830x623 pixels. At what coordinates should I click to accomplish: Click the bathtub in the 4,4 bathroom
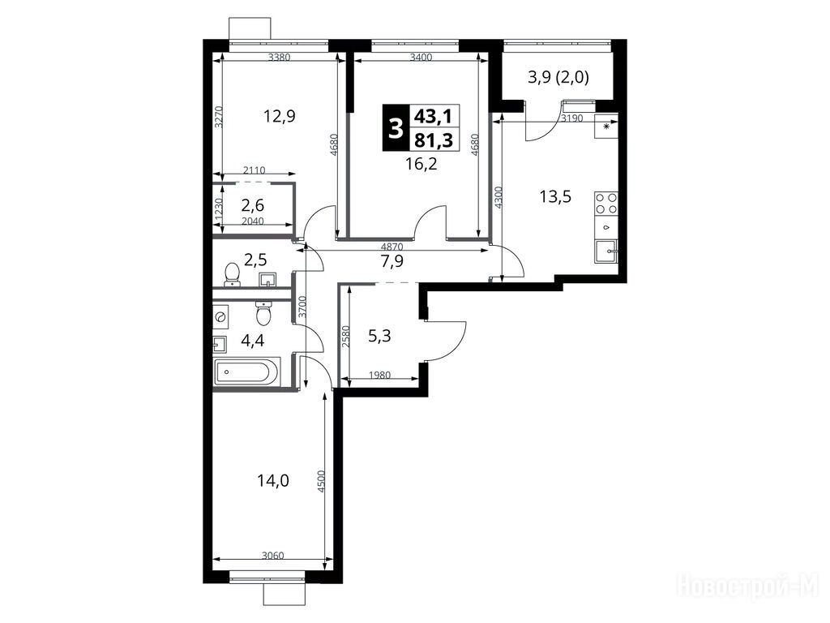246,372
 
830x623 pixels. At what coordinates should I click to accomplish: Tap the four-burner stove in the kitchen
606,203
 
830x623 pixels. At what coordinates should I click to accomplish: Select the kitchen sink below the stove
606,251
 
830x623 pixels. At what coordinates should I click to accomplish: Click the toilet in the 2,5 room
232,275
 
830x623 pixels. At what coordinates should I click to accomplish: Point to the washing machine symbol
220,317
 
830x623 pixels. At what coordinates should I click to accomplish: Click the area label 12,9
280,116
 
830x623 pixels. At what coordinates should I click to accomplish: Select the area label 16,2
421,164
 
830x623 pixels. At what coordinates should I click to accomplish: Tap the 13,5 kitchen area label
555,197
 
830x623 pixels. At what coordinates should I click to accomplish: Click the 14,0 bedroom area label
272,480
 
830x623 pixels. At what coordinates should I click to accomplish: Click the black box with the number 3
396,128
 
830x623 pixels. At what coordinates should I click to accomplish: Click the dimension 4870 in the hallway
392,247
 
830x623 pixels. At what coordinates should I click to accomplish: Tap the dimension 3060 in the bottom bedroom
273,555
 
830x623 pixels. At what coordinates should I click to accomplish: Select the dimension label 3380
280,58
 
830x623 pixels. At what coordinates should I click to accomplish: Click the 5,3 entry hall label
379,335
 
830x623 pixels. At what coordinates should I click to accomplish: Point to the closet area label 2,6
253,204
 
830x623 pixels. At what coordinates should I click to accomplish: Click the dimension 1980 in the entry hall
379,375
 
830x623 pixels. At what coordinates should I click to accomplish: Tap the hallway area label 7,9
392,260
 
